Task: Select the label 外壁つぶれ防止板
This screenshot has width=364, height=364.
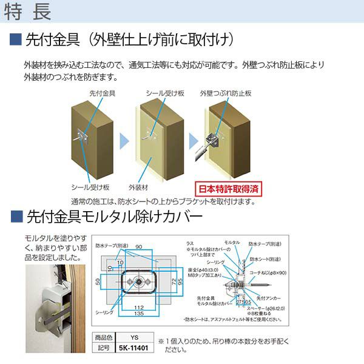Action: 225,93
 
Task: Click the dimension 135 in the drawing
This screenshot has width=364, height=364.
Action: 140,314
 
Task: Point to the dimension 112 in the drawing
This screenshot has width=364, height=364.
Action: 140,307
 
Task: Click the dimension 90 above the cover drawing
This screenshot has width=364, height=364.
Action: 139,248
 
